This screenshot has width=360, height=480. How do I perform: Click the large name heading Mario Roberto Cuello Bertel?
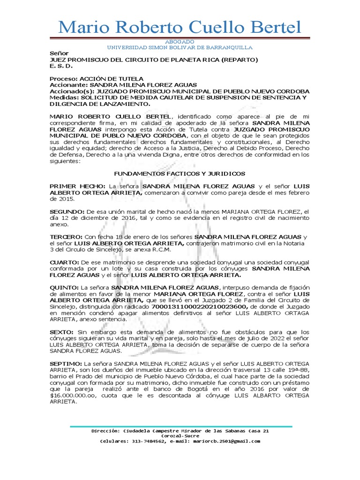click(x=180, y=27)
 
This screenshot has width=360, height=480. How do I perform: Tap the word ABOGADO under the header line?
click(x=180, y=42)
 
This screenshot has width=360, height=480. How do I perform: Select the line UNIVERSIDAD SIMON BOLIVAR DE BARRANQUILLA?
click(x=180, y=47)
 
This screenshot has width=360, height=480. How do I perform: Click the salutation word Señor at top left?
click(x=59, y=53)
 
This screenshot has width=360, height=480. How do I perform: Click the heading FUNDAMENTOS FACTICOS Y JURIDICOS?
click(x=180, y=173)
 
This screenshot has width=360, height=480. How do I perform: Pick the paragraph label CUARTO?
click(x=65, y=261)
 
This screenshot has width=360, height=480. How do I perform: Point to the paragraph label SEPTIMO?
click(x=66, y=363)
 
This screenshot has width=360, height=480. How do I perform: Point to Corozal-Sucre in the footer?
click(x=180, y=436)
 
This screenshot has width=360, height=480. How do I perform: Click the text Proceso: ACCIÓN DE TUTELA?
click(x=97, y=78)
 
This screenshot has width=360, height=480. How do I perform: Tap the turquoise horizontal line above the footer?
click(x=180, y=427)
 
